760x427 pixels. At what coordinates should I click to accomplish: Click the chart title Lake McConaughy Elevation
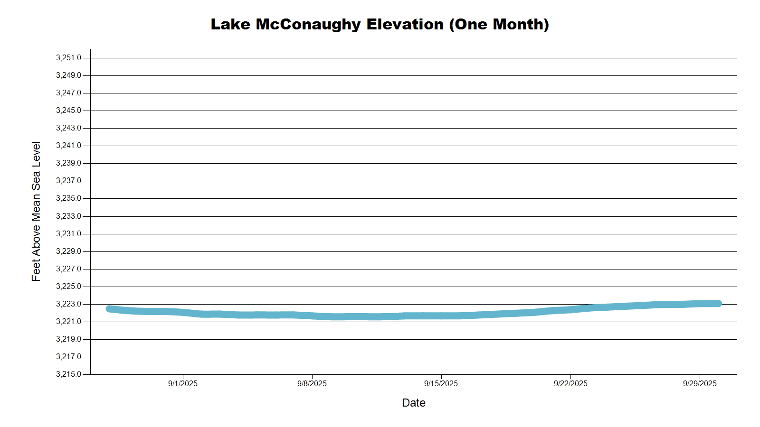pyautogui.click(x=380, y=24)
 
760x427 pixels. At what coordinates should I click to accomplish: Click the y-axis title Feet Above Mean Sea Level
pyautogui.click(x=36, y=211)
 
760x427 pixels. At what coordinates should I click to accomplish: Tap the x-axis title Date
pyautogui.click(x=413, y=403)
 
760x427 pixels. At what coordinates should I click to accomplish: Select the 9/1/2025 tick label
pyautogui.click(x=182, y=383)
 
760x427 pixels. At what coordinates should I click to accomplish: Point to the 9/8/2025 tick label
pyautogui.click(x=312, y=383)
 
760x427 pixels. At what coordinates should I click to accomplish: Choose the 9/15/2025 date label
pyautogui.click(x=441, y=383)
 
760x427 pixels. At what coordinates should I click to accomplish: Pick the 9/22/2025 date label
pyautogui.click(x=570, y=383)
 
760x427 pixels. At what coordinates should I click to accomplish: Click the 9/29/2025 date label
pyautogui.click(x=700, y=383)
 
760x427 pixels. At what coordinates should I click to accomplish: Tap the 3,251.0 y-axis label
pyautogui.click(x=68, y=58)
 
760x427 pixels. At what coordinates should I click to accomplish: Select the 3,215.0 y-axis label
pyautogui.click(x=68, y=374)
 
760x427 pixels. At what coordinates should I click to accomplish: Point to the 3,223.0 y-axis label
pyautogui.click(x=68, y=304)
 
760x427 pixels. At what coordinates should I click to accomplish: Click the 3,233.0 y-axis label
pyautogui.click(x=68, y=216)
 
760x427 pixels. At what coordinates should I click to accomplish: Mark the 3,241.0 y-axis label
pyautogui.click(x=68, y=146)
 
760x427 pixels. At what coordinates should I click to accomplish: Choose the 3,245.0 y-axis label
pyautogui.click(x=68, y=111)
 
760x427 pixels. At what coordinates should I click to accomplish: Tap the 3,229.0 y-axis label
pyautogui.click(x=68, y=251)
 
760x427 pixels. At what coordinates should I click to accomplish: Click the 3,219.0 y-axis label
pyautogui.click(x=68, y=339)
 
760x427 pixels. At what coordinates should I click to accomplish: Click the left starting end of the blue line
pyautogui.click(x=109, y=309)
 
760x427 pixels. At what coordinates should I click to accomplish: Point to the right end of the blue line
pyautogui.click(x=719, y=304)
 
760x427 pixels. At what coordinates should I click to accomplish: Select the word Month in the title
pyautogui.click(x=518, y=24)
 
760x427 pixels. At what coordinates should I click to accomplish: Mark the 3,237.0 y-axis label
pyautogui.click(x=68, y=181)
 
